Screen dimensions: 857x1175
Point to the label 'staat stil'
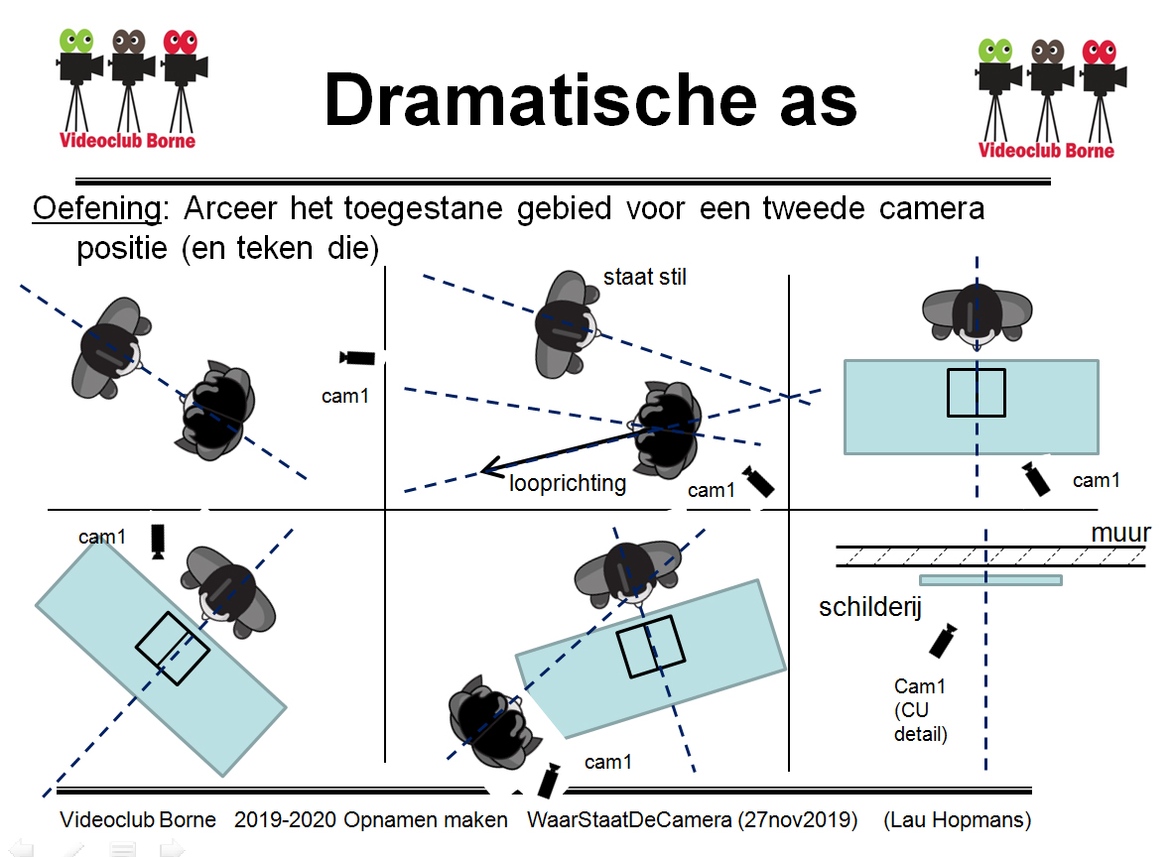(645, 278)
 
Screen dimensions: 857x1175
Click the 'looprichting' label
(568, 483)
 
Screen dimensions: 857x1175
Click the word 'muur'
(1120, 534)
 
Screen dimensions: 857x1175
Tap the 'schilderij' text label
(869, 606)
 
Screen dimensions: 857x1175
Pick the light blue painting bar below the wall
(990, 580)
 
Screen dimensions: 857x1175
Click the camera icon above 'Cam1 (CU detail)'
(943, 641)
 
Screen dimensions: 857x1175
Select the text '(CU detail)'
(921, 723)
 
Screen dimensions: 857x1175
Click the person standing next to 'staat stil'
(567, 321)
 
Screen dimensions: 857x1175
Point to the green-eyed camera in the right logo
(995, 75)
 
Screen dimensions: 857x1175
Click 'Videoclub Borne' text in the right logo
(1046, 151)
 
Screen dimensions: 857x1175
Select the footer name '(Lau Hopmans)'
(957, 820)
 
